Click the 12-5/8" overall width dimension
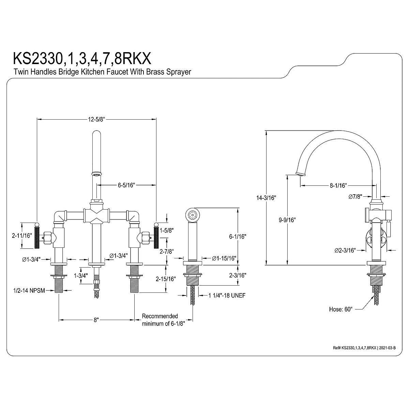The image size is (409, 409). (96, 119)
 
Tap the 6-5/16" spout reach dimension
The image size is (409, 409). (127, 185)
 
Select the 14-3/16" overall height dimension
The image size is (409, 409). (268, 198)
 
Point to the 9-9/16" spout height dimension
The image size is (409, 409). (286, 220)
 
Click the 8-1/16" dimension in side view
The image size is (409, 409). (338, 186)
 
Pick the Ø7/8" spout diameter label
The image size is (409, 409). (355, 197)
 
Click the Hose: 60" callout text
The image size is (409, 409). (340, 309)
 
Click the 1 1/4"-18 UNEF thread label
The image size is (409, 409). (227, 296)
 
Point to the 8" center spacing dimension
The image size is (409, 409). (96, 320)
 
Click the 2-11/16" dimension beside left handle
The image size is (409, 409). (22, 236)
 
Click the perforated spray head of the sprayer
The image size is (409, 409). (192, 216)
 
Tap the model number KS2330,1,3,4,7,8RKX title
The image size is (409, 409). (81, 59)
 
